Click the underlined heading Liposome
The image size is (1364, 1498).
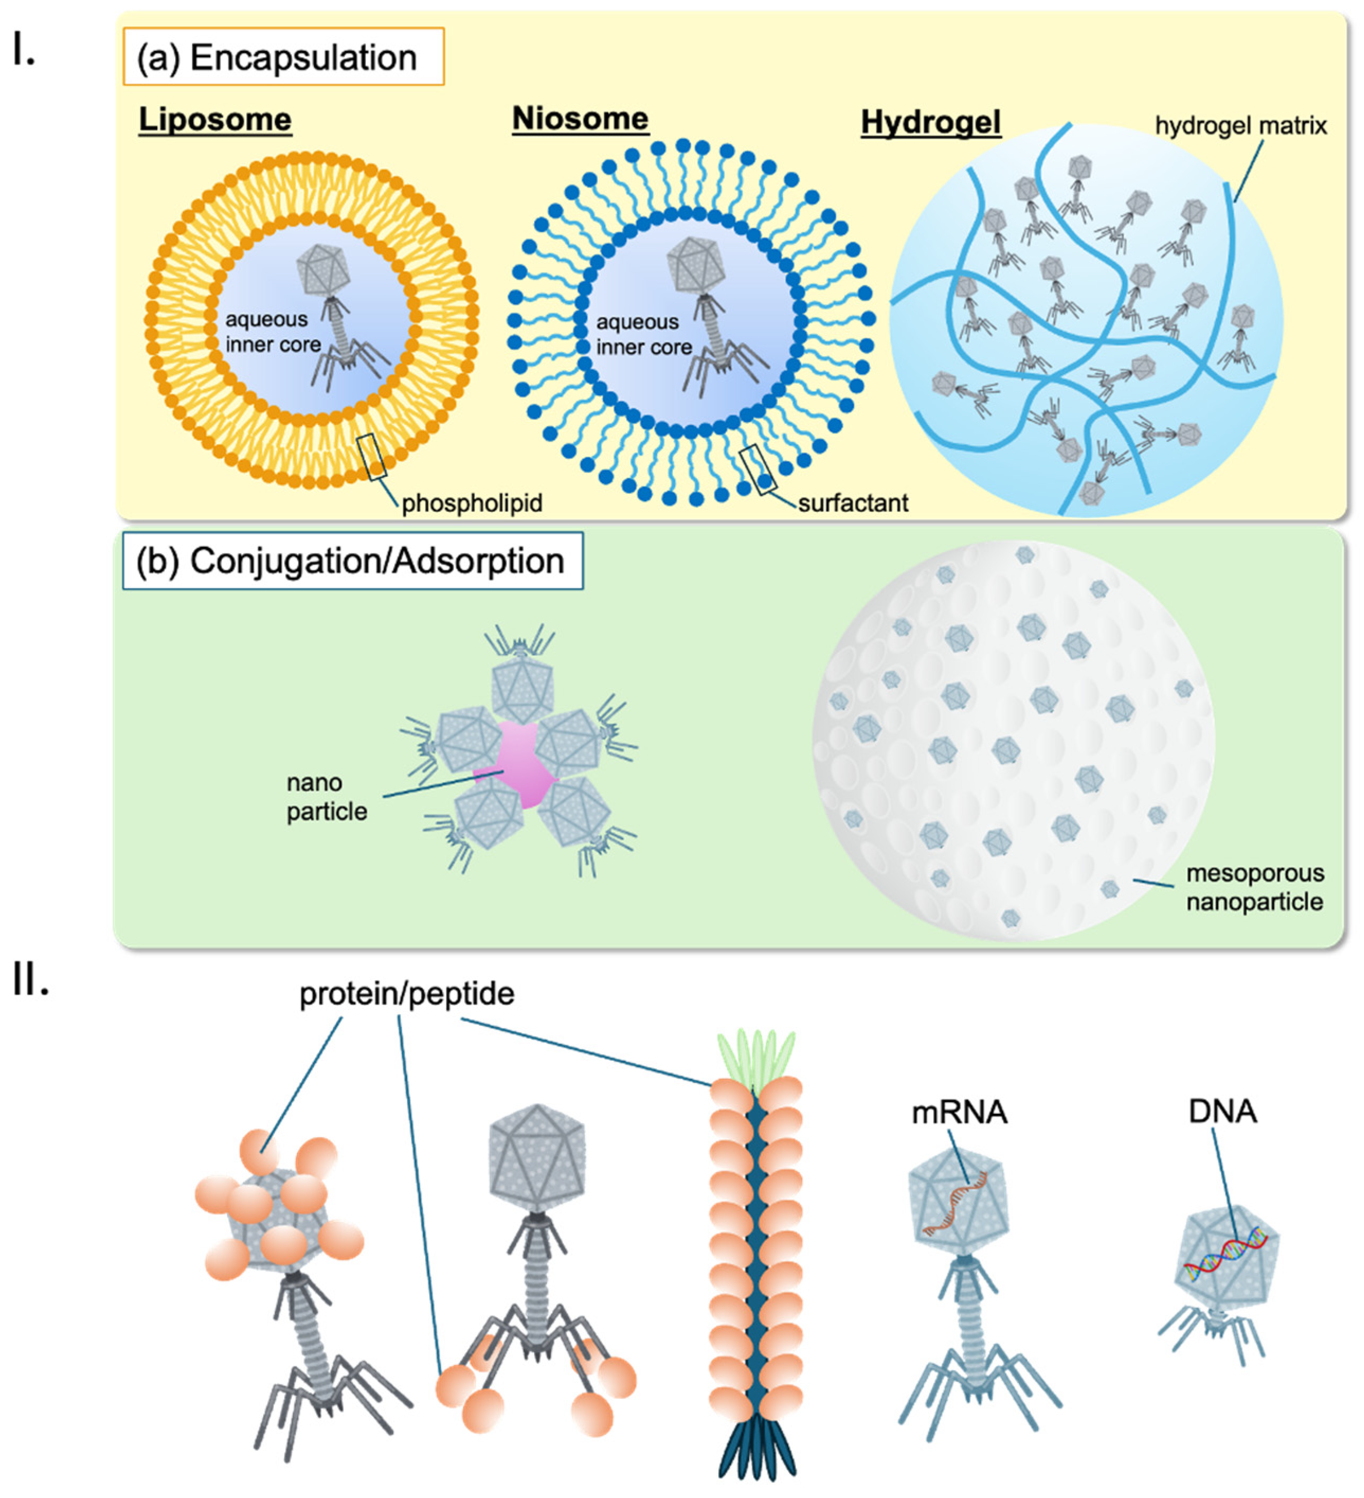[x=215, y=120]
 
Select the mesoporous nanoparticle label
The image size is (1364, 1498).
[x=1254, y=887]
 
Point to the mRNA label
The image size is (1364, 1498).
[x=959, y=1112]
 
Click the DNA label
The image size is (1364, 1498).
[x=1222, y=1112]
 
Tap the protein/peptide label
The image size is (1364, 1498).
[x=407, y=994]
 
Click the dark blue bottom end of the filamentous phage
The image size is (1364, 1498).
[x=756, y=1449]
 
